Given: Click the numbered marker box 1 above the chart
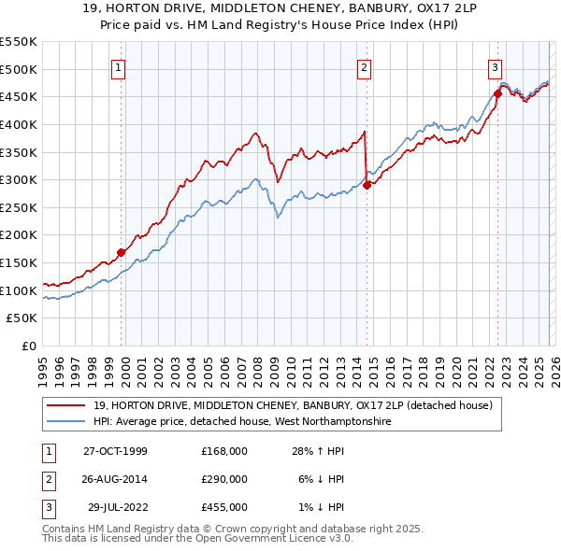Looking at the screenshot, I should tap(121, 66).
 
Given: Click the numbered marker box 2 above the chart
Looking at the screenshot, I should tap(364, 66).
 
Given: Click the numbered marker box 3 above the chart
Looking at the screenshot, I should tap(495, 66).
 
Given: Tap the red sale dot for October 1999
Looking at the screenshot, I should tap(122, 252).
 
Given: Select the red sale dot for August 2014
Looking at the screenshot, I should tap(367, 185).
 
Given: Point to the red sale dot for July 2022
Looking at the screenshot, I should tap(497, 93).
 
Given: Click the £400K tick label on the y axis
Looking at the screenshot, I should tap(19, 124).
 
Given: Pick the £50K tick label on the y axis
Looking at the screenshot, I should tap(22, 318).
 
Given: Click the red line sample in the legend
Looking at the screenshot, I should tap(66, 405).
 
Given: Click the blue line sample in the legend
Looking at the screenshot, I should tap(66, 421).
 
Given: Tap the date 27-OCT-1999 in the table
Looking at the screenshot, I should tap(115, 451).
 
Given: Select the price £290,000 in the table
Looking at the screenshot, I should tap(223, 479).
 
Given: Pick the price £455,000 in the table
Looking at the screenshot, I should tap(223, 507).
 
